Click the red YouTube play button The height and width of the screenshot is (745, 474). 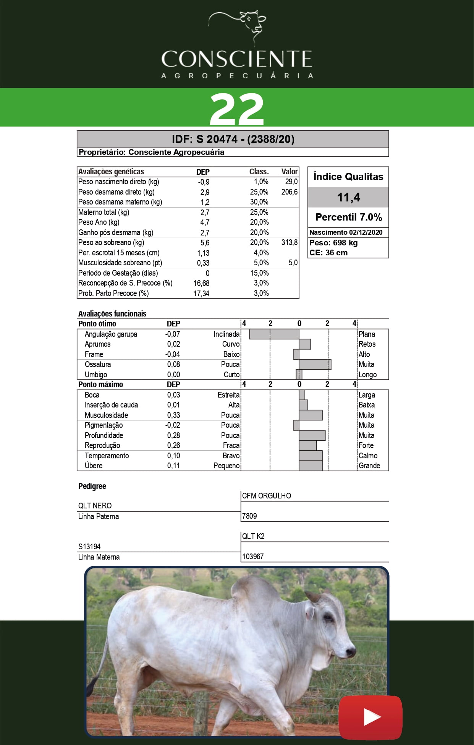click(x=370, y=717)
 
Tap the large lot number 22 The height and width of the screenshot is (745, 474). click(x=237, y=109)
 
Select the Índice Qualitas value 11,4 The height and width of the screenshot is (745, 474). click(x=348, y=197)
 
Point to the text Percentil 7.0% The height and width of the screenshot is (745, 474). click(x=348, y=217)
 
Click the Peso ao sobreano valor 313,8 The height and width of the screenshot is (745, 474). click(x=290, y=242)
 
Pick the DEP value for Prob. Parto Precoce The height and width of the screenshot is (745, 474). click(x=201, y=293)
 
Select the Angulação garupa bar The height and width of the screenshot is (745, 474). click(x=274, y=334)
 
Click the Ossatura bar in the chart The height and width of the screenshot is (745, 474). click(x=315, y=364)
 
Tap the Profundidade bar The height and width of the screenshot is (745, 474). click(x=312, y=435)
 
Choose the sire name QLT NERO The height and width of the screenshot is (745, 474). click(x=95, y=506)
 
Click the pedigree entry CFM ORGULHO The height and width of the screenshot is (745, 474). click(x=267, y=496)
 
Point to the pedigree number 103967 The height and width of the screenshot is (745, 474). click(x=253, y=557)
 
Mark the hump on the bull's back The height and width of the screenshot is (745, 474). click(x=254, y=591)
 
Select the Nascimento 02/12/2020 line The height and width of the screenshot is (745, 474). click(x=346, y=232)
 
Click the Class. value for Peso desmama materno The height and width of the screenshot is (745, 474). click(x=259, y=202)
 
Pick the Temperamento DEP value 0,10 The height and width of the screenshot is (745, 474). click(x=173, y=456)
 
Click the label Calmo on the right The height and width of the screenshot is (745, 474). click(x=368, y=456)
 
